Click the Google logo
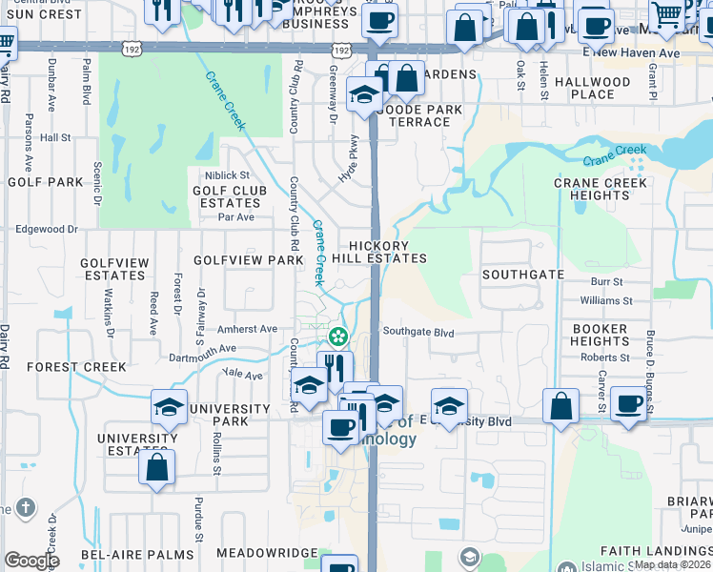click(31, 561)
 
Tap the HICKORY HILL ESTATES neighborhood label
click(385, 252)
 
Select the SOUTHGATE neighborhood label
click(522, 274)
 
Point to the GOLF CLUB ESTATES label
click(226, 196)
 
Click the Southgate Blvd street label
click(418, 333)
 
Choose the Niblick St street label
click(226, 175)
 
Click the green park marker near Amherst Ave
click(337, 337)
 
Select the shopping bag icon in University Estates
click(156, 467)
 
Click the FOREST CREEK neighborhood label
click(76, 366)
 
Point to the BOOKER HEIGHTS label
click(601, 335)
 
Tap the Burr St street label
click(606, 282)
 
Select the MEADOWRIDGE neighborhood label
click(266, 553)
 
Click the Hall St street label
click(56, 137)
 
